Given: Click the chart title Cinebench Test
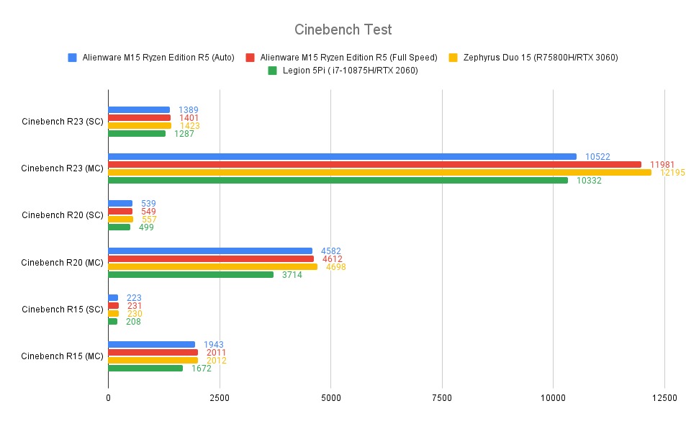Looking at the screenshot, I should (343, 30).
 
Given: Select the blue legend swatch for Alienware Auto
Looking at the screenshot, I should (72, 57).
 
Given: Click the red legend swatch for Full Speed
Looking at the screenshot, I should (250, 57).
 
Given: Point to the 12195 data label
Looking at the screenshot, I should (672, 172).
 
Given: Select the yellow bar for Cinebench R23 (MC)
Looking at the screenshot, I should (379, 172).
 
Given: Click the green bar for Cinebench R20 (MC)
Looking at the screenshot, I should (191, 274).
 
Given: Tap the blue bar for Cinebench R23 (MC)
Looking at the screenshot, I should (342, 156).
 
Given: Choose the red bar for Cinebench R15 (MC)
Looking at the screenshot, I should (153, 352).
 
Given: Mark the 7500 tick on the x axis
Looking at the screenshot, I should (442, 397).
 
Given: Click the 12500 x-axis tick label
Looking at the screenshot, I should (664, 397).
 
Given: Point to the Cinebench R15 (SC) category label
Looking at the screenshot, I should (63, 310).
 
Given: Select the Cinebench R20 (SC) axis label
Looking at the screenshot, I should (63, 215).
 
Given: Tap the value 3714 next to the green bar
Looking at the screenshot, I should (292, 274).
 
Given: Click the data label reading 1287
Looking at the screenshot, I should (184, 133).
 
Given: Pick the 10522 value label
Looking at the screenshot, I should (597, 156).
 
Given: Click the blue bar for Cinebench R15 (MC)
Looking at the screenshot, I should (151, 344).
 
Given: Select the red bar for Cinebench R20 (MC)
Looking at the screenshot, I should (211, 258).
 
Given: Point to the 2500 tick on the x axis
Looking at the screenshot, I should (220, 397).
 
